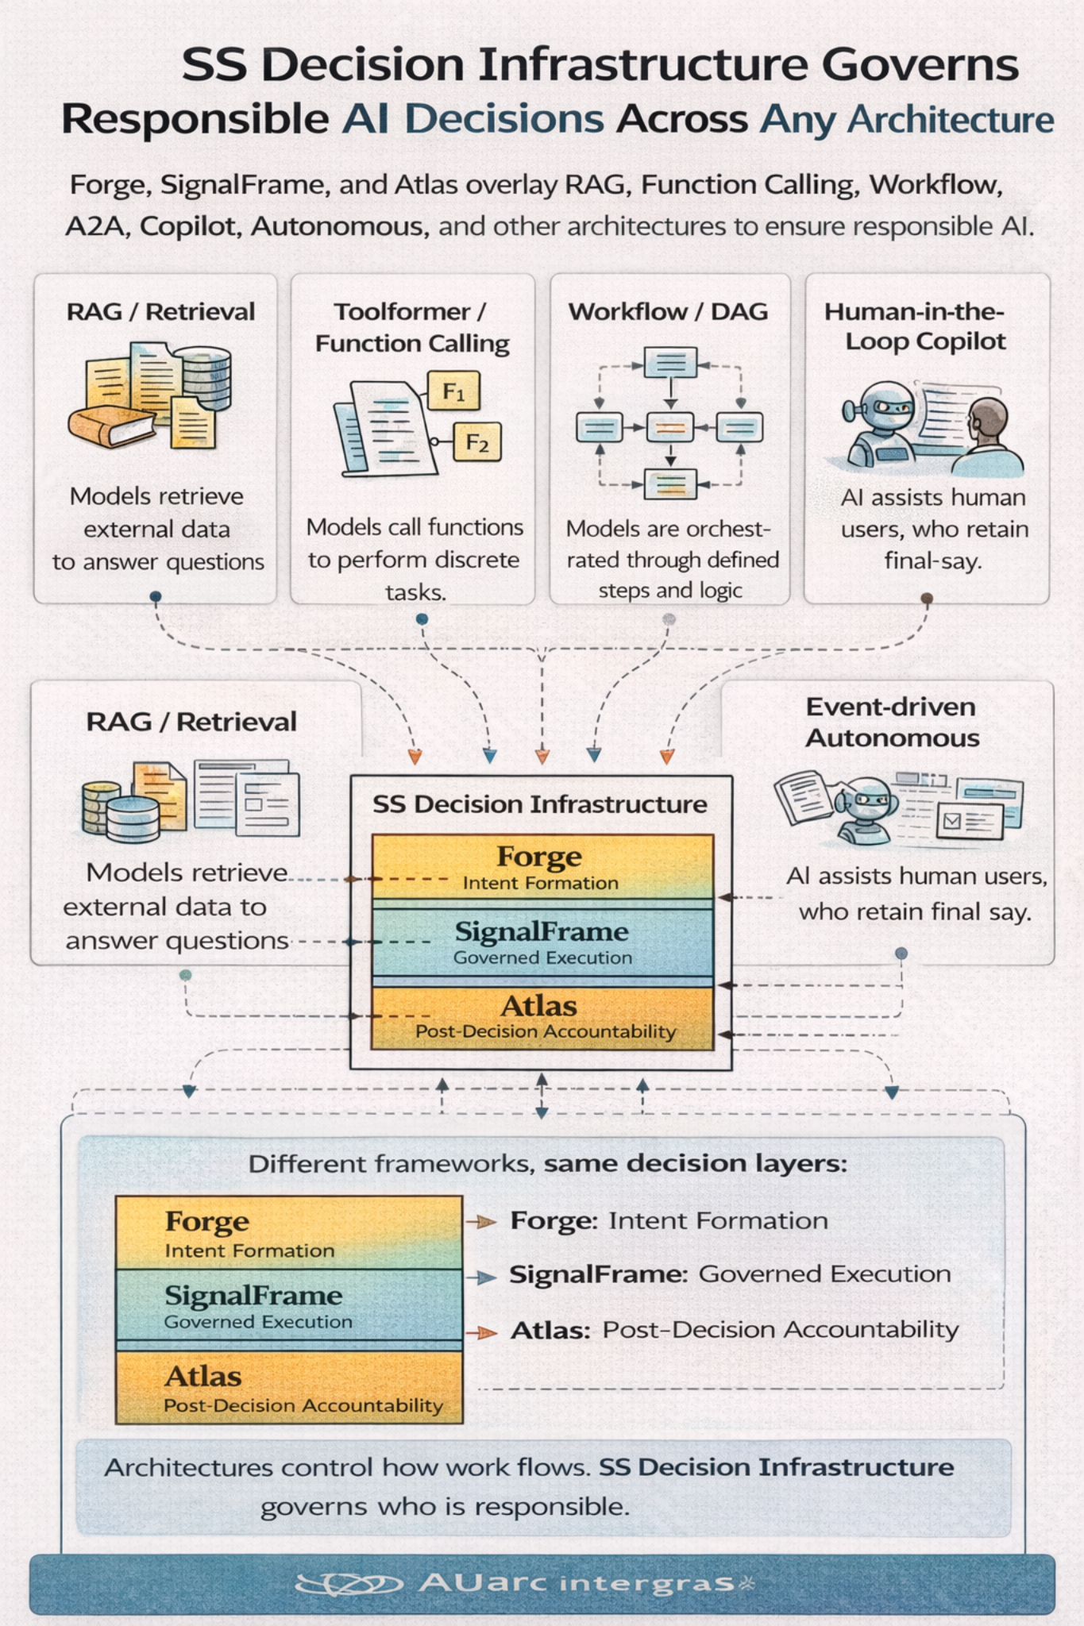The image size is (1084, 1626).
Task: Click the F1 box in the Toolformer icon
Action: pyautogui.click(x=453, y=391)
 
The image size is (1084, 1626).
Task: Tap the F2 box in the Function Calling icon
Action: pyautogui.click(x=477, y=442)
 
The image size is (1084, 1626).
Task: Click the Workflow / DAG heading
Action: pyautogui.click(x=668, y=312)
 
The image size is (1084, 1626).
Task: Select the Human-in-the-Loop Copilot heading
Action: pyautogui.click(x=915, y=326)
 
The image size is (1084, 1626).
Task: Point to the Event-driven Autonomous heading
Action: pyautogui.click(x=892, y=722)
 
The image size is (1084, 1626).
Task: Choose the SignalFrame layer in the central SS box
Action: pyautogui.click(x=542, y=942)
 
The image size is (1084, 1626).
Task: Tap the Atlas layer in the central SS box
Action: pyautogui.click(x=542, y=1016)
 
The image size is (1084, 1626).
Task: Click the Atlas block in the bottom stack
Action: pyautogui.click(x=288, y=1386)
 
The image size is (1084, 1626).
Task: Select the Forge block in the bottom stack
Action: pyautogui.click(x=288, y=1232)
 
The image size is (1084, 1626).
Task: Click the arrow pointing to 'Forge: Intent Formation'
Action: pyautogui.click(x=481, y=1222)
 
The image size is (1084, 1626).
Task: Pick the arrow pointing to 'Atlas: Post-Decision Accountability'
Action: pyautogui.click(x=481, y=1332)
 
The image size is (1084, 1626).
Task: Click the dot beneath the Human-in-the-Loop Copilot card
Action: pyautogui.click(x=926, y=598)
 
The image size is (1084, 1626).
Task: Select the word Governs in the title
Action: pyautogui.click(x=920, y=65)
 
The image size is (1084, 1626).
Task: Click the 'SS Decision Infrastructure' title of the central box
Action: pyautogui.click(x=540, y=804)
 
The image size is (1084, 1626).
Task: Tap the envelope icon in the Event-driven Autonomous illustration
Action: pyautogui.click(x=951, y=820)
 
